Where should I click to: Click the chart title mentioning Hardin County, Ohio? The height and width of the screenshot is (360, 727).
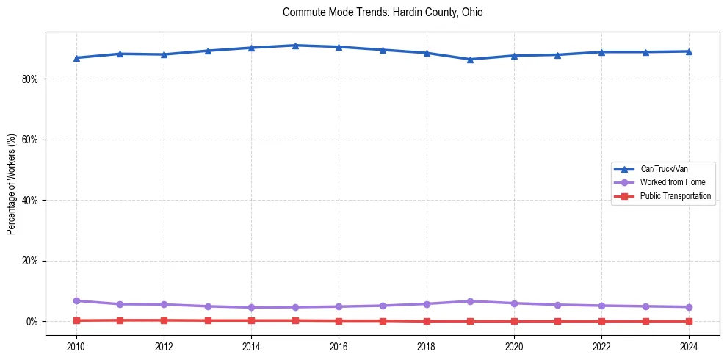[382, 12]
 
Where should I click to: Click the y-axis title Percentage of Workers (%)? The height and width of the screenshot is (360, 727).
[11, 184]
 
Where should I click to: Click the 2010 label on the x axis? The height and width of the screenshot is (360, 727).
[76, 346]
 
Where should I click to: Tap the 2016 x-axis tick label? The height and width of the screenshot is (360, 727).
[339, 346]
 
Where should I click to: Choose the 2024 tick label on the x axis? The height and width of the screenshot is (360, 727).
[689, 346]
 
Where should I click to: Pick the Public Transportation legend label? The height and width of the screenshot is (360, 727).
[675, 196]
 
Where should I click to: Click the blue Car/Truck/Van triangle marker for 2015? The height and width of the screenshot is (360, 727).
[295, 46]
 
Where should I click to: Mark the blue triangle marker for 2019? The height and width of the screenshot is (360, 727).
[470, 60]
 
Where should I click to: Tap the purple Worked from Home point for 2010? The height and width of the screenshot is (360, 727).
[76, 300]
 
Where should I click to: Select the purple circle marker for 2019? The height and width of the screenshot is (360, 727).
[470, 301]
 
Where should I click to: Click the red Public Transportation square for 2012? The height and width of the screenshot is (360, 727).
[164, 320]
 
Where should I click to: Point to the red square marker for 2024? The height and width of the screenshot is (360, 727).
[689, 321]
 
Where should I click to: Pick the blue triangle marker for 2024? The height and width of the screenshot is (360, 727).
[689, 51]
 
